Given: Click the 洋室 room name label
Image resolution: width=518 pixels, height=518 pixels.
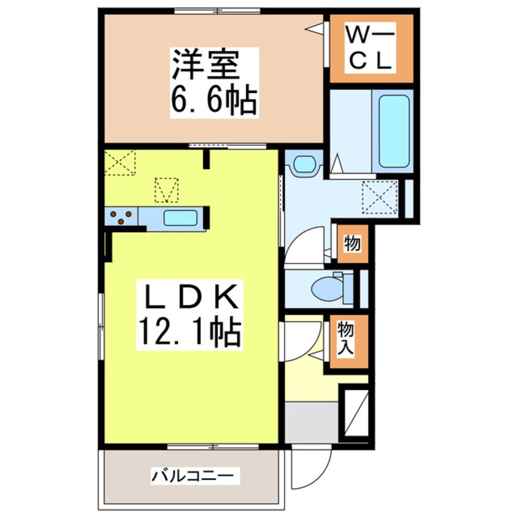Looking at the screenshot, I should pos(205,66).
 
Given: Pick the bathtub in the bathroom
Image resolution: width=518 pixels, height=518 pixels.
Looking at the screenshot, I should pos(393,130).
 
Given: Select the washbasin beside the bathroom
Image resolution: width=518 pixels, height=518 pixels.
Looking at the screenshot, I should pos(304,163).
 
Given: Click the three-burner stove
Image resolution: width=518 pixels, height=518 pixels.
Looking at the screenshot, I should pos(121,217).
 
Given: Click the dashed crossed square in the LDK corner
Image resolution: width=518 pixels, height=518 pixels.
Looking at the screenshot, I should pos(119,163).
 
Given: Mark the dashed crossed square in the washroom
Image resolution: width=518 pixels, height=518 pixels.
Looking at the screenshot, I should pos(379,197).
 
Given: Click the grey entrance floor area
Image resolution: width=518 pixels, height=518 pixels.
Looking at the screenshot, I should pos(312,421).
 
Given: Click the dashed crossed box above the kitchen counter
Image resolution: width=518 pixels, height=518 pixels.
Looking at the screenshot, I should pos(166,189).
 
